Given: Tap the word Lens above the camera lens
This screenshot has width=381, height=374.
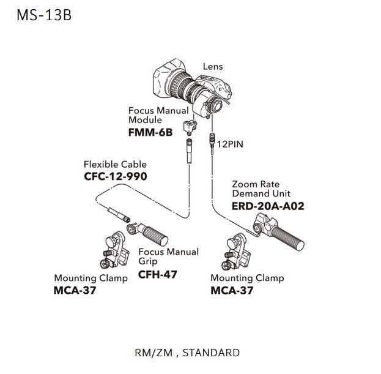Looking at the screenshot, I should click(213, 67).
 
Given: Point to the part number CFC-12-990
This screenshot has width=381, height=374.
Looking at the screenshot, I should click(116, 176).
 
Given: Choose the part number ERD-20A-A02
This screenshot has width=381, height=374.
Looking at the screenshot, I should click(268, 206).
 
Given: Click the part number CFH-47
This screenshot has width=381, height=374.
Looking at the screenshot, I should click(158, 274).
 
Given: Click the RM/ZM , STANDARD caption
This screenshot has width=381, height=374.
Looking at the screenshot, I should click(187, 353).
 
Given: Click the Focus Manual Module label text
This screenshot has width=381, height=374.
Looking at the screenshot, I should click(159, 115).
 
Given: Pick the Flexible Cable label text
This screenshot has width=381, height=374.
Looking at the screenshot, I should click(115, 164).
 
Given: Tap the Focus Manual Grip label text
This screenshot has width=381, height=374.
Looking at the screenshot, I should click(168, 256).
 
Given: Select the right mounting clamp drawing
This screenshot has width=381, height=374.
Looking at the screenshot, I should click(239, 251).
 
